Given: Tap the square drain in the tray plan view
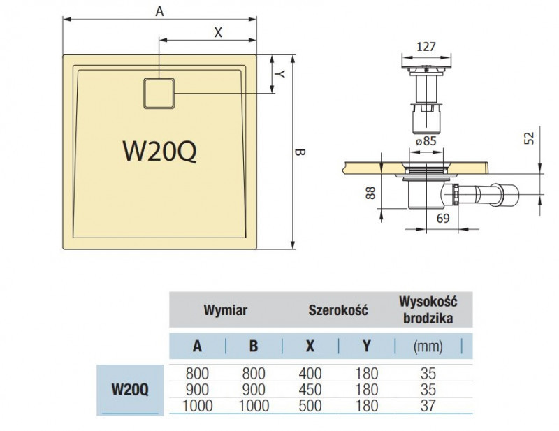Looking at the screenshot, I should [x=159, y=93].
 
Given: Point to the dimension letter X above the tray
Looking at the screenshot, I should [x=217, y=31].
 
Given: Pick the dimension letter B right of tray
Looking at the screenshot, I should [x=299, y=151].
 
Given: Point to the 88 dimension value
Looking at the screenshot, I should [x=371, y=192].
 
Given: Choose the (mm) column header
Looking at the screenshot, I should [x=427, y=345].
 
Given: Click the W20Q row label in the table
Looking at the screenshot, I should [x=129, y=389].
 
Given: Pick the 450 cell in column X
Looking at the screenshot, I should [x=310, y=389].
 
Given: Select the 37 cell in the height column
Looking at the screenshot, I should [x=427, y=405].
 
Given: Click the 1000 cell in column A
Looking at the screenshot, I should [x=198, y=405].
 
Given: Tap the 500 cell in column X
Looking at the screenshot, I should [x=310, y=405].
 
